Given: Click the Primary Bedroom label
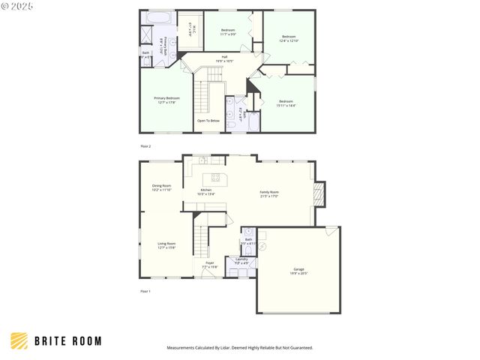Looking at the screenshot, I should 166,100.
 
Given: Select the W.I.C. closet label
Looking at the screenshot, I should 191,29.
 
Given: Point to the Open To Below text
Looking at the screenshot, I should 208,120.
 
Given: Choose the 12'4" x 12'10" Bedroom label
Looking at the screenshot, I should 289,38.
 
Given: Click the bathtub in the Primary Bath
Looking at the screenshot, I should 158,17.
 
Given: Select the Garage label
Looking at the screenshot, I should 299,271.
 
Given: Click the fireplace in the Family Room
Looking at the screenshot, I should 319,195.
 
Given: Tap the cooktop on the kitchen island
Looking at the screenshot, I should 216,178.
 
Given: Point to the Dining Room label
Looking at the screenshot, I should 162,187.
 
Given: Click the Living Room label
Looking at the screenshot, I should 166,245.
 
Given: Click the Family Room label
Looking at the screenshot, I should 269,193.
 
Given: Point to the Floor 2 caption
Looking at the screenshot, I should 145,145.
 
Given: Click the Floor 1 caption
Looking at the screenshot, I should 145,290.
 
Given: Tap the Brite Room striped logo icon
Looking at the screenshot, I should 19,340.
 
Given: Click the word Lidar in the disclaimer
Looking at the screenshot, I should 226,348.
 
